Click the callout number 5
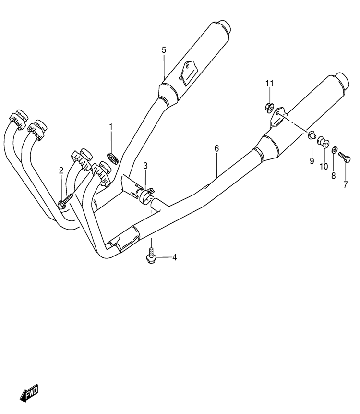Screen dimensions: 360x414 coord(164,50)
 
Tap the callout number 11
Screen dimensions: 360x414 coord(269,83)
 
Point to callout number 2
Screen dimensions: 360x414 coord(61,170)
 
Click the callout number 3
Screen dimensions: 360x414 coord(145,166)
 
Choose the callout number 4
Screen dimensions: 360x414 coord(174,257)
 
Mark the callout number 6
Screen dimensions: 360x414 coord(216,149)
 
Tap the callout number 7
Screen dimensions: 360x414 coord(346,184)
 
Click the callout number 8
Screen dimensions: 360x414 coord(333,176)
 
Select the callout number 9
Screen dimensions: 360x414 coord(312,161)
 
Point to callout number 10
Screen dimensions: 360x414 coord(324,166)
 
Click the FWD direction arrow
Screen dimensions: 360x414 coord(29,393)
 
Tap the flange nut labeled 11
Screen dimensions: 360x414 coord(269,108)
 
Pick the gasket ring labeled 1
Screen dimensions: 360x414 coord(113,158)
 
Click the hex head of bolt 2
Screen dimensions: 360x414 coord(61,204)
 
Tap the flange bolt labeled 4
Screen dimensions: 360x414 coord(151,256)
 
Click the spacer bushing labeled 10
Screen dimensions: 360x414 coord(323,142)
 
